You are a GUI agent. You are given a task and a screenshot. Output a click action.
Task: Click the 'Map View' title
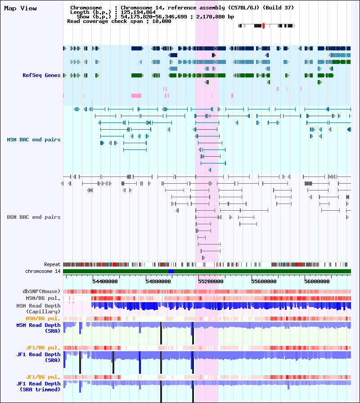(x=20, y=9)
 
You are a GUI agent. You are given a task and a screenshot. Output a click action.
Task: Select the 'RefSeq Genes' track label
(x=41, y=75)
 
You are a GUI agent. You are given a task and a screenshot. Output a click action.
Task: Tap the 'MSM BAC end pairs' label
(x=34, y=140)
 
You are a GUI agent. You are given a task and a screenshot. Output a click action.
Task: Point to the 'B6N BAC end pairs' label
(x=34, y=217)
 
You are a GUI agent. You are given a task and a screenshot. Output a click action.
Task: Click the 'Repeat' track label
(x=52, y=264)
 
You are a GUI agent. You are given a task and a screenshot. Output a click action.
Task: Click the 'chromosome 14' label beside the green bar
(x=43, y=271)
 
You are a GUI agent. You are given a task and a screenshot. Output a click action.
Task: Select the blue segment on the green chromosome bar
(x=171, y=271)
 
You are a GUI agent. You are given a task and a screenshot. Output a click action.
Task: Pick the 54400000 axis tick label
(x=105, y=281)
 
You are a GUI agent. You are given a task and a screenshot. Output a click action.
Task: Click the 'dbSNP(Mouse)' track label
(x=41, y=291)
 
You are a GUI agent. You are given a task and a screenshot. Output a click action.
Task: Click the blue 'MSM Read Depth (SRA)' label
(x=38, y=328)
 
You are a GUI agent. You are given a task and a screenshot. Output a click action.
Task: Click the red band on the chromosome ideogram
(x=263, y=26)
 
